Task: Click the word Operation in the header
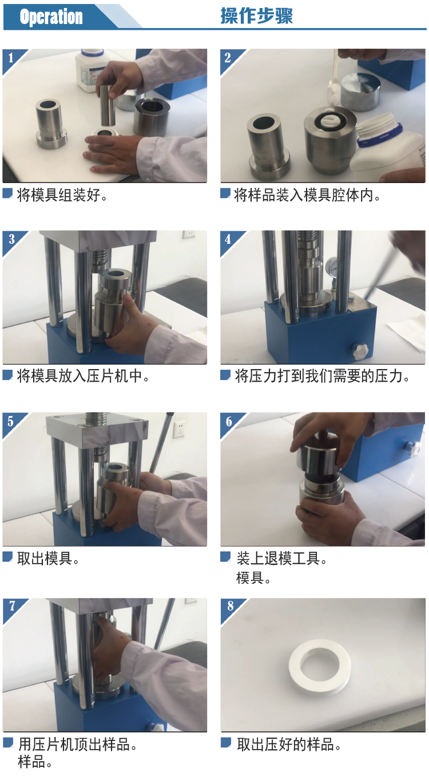tap(51, 17)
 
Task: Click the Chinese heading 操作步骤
tap(256, 16)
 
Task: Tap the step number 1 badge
tap(11, 57)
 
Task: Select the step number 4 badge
tap(228, 239)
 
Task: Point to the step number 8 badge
tap(230, 606)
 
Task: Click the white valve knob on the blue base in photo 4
tap(360, 351)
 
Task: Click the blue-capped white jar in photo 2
tap(387, 147)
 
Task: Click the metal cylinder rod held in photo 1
tap(108, 105)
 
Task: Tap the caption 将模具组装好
tap(62, 195)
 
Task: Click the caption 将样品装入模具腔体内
tap(307, 195)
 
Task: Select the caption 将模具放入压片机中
tap(84, 376)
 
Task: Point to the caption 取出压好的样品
tap(289, 745)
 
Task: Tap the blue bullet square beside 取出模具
tap(7, 556)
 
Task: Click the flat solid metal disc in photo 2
tap(360, 91)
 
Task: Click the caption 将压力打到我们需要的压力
tap(322, 376)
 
